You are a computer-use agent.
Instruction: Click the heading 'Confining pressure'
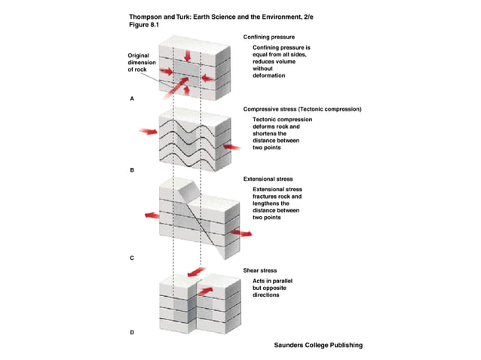coord(268,36)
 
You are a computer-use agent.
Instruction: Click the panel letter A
coord(133,99)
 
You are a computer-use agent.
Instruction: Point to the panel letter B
coord(133,171)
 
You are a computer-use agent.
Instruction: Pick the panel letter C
coord(133,258)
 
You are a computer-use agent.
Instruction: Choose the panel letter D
coord(133,331)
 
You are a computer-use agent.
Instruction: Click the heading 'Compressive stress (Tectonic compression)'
coord(302,109)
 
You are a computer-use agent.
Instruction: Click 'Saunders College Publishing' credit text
coord(318,345)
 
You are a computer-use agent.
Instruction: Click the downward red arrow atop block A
coord(188,55)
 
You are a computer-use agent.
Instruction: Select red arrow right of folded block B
coord(232,147)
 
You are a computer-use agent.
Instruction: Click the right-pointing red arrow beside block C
coord(242,234)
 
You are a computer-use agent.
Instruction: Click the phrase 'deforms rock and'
coord(276,127)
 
